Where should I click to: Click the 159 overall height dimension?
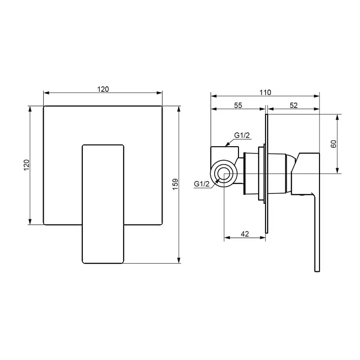(x=175, y=184)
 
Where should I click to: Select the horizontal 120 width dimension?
(x=103, y=89)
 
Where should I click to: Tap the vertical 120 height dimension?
(x=27, y=165)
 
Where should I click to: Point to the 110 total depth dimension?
(x=265, y=92)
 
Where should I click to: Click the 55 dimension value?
(x=238, y=105)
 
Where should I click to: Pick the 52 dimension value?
(x=294, y=105)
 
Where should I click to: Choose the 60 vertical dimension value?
(x=333, y=144)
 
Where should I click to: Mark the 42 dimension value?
(x=245, y=234)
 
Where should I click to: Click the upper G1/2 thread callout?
(x=242, y=135)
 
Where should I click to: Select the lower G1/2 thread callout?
(x=202, y=184)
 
